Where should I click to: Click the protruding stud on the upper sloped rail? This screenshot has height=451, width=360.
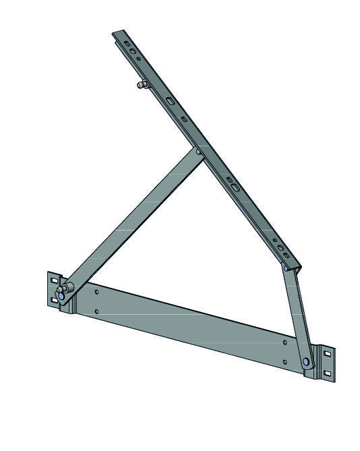pyautogui.click(x=141, y=85)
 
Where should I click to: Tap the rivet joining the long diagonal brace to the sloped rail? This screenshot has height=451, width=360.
pyautogui.click(x=198, y=152)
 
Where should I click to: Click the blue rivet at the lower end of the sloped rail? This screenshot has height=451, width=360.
pyautogui.click(x=287, y=268)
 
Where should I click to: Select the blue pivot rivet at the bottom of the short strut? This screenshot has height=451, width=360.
pyautogui.click(x=307, y=363)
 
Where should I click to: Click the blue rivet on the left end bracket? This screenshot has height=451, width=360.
pyautogui.click(x=62, y=296)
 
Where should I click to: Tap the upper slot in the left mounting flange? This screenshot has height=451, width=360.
pyautogui.click(x=54, y=280)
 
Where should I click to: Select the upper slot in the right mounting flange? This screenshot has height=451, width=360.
pyautogui.click(x=328, y=353)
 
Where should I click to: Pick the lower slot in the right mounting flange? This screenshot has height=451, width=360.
pyautogui.click(x=328, y=373)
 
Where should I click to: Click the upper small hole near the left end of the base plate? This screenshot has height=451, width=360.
pyautogui.click(x=97, y=292)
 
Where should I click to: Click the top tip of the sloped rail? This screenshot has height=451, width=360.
pyautogui.click(x=116, y=32)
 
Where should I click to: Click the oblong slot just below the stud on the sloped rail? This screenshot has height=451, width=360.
pyautogui.click(x=169, y=100)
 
